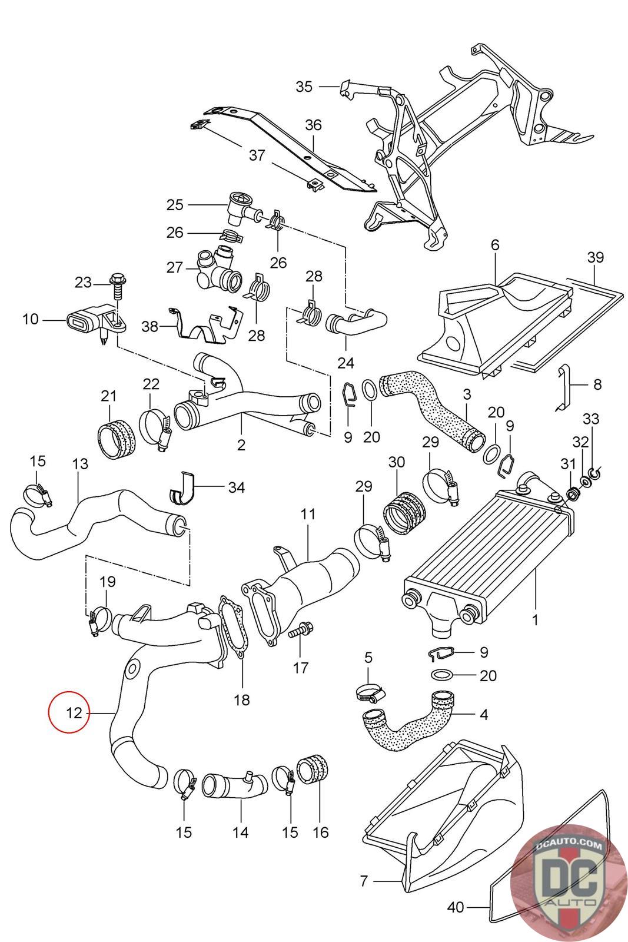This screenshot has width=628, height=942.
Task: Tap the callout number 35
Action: (x=304, y=87)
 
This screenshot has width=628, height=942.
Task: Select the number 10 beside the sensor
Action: (x=30, y=319)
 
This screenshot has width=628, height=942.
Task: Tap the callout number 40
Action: (x=456, y=919)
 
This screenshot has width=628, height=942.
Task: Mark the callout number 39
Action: (x=595, y=257)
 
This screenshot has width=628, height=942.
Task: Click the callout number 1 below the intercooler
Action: (x=535, y=620)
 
